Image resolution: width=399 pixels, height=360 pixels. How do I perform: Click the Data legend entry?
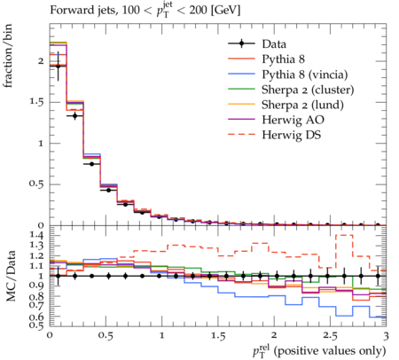[274, 44]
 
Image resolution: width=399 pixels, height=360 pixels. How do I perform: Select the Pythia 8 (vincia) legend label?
[305, 74]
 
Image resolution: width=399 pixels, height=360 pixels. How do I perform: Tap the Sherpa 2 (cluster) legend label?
[308, 90]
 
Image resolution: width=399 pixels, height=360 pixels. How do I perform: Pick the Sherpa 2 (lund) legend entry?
[302, 105]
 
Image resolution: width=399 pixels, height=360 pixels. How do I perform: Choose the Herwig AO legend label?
[293, 120]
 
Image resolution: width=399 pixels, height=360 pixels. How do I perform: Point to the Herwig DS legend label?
[292, 135]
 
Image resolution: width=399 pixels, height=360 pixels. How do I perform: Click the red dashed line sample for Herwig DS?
[241, 134]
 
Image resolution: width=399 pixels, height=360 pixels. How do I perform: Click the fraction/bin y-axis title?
[7, 56]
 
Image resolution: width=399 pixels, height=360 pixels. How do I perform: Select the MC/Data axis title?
[11, 276]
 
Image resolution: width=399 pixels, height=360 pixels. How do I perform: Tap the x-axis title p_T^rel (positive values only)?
[319, 351]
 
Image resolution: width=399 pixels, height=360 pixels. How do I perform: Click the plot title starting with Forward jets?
[145, 10]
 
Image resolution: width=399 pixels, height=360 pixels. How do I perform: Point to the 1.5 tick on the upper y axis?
[36, 102]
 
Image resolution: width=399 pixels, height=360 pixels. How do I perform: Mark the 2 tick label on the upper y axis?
[41, 61]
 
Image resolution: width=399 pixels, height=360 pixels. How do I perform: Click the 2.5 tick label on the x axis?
[330, 336]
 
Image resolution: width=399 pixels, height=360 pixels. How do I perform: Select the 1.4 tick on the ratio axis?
[36, 235]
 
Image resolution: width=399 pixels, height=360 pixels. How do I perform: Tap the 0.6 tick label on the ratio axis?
[36, 317]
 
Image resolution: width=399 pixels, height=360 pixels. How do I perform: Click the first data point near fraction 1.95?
[58, 67]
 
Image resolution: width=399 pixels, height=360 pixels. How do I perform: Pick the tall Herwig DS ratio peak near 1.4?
[344, 235]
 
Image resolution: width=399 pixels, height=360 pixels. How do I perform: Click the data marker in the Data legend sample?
[241, 43]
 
